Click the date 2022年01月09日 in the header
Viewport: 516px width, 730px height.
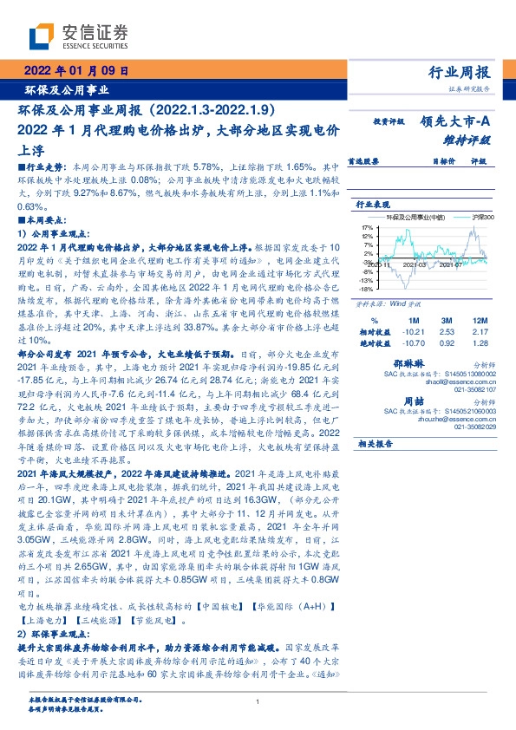75,71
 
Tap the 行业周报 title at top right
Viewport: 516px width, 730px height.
460,72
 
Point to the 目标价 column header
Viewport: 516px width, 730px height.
421,161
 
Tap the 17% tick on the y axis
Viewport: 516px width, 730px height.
367,226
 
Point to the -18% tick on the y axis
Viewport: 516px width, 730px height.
366,290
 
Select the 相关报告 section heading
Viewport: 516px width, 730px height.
376,443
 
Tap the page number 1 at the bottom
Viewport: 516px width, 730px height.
258,702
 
